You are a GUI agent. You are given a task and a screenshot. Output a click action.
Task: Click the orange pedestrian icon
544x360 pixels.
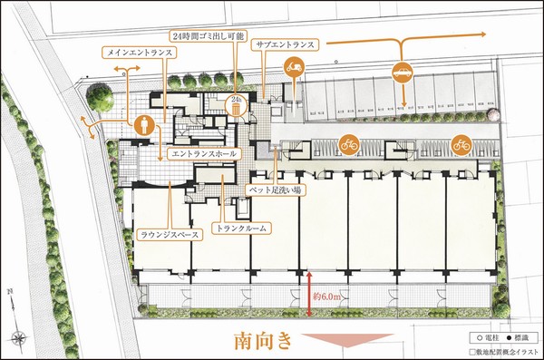tap(143, 125)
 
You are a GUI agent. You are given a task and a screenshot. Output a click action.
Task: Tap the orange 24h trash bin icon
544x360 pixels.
tap(235, 106)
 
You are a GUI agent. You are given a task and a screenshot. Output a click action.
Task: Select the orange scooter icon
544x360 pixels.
tap(294, 67)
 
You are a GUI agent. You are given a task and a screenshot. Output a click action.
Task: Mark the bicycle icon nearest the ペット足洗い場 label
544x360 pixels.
tap(348, 143)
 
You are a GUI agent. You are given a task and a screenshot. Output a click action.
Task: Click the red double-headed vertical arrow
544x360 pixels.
tap(309, 291)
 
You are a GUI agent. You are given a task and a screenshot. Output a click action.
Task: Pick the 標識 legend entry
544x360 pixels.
tap(519, 336)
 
